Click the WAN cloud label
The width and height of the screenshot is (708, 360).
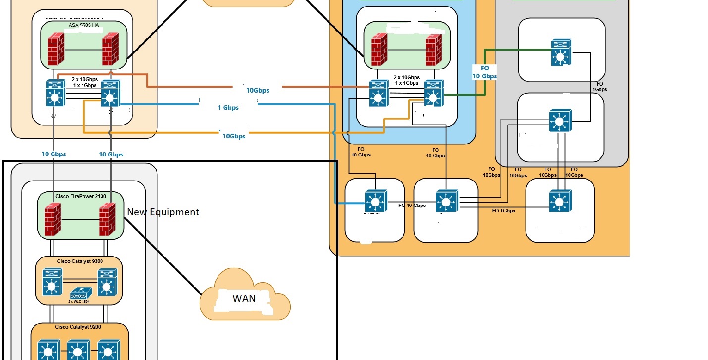point(244,298)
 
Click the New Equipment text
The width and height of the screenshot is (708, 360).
point(163,212)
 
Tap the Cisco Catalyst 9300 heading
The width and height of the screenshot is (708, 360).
point(79,260)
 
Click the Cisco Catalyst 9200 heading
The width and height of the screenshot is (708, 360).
point(79,327)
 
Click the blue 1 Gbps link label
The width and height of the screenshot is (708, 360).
point(228,107)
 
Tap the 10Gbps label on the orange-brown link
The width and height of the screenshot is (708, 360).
point(258,90)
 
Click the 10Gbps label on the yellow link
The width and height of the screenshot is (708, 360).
point(234,136)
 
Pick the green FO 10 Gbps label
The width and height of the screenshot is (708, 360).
point(485,72)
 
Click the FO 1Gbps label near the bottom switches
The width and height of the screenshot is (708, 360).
point(503,211)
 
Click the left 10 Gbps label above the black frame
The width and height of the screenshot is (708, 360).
point(54,154)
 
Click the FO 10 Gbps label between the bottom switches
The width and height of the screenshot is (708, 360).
point(412,205)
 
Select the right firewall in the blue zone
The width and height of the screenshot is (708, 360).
point(434,50)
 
